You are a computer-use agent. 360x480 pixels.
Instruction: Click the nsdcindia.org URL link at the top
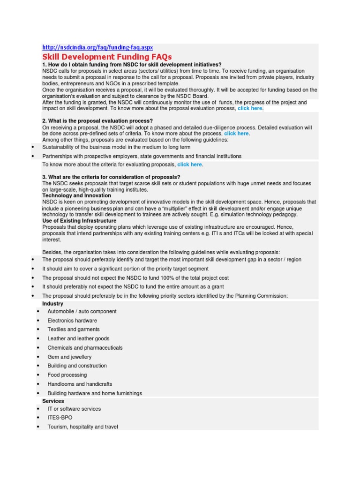click(x=97, y=48)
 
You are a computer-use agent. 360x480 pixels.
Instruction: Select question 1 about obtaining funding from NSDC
click(x=132, y=64)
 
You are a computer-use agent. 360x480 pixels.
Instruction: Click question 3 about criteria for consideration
click(x=111, y=177)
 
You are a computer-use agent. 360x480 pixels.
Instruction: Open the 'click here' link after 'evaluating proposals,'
click(x=189, y=165)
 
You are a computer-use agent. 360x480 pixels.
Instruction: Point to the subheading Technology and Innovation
click(x=76, y=195)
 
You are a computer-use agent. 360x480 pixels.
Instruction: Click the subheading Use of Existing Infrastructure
click(x=79, y=220)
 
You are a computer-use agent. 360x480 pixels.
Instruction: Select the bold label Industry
click(x=52, y=304)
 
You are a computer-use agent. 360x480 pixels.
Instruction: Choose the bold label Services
click(x=53, y=401)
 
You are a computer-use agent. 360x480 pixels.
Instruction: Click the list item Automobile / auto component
click(x=82, y=311)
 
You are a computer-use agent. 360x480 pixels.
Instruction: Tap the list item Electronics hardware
click(x=72, y=321)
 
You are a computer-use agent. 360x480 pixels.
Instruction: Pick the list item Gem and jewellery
click(x=69, y=357)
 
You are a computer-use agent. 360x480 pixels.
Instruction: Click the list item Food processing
click(x=67, y=375)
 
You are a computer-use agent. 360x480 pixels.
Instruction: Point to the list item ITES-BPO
click(x=60, y=417)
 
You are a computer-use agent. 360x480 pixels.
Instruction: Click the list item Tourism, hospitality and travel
click(x=82, y=427)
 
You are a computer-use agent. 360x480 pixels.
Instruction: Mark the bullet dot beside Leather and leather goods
click(x=38, y=339)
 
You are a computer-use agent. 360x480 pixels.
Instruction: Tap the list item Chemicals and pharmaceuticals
click(x=85, y=348)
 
